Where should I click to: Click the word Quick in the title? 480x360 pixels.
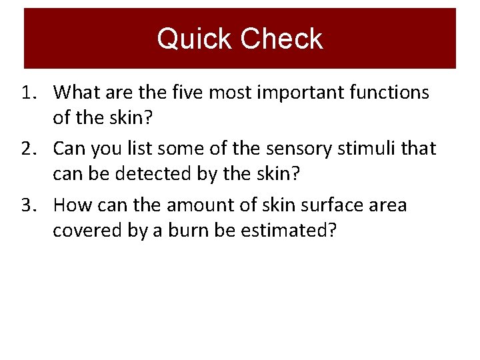pyautogui.click(x=194, y=39)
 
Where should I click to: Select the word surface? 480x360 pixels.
pyautogui.click(x=323, y=205)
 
